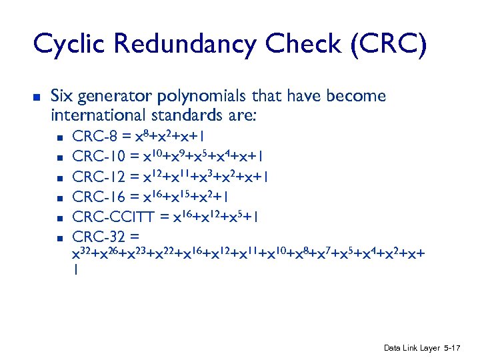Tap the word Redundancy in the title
pyautogui.click(x=185, y=45)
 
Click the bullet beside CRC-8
pyautogui.click(x=59, y=139)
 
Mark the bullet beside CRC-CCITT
pyautogui.click(x=59, y=217)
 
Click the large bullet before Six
pyautogui.click(x=37, y=97)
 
